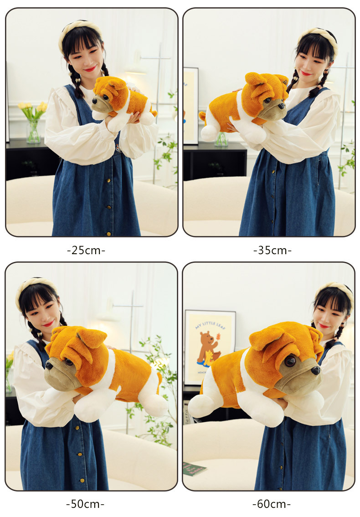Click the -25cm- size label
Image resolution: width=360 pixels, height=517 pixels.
(x=86, y=250)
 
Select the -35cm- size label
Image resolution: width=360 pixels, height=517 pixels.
(x=272, y=250)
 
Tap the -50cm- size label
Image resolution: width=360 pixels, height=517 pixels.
(x=85, y=504)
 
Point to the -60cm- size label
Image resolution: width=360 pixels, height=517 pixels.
(x=272, y=504)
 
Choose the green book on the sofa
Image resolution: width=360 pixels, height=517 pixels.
(x=195, y=468)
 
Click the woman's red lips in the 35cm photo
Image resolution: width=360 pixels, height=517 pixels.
(x=306, y=73)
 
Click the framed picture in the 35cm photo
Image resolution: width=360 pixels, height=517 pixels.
(x=191, y=105)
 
